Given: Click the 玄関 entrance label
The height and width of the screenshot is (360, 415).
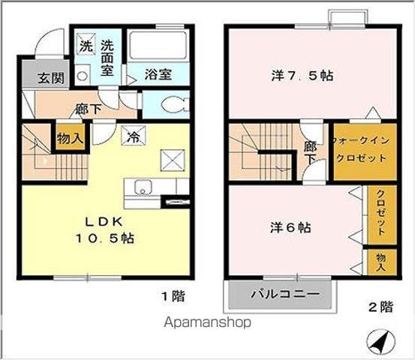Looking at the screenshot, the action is [x=51, y=78].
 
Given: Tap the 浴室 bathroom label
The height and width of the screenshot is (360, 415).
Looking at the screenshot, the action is [x=158, y=74].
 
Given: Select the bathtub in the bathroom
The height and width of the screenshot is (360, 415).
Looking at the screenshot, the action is [x=158, y=46].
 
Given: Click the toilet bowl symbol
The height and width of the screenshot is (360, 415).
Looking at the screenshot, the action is [x=175, y=104].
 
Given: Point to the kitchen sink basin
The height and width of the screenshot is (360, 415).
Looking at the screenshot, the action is [x=143, y=187].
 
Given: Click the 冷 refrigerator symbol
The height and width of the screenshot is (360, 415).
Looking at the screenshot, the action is [x=134, y=136].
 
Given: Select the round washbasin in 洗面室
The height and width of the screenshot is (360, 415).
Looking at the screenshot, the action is [x=83, y=76].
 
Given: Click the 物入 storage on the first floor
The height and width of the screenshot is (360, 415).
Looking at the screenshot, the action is [x=70, y=137].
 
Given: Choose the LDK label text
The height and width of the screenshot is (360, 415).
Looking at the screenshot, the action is [x=104, y=222].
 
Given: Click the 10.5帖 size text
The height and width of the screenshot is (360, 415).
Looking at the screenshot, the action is [x=105, y=238].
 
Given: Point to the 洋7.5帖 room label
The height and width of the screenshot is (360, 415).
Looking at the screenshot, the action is [x=302, y=76].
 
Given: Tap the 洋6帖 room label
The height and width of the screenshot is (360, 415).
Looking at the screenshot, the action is [x=290, y=228].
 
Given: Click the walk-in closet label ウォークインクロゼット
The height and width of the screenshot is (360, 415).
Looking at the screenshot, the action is [x=361, y=149].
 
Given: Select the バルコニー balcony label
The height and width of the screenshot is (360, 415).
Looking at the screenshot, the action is [x=286, y=294].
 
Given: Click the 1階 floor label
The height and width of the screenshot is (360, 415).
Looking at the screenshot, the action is [x=173, y=296].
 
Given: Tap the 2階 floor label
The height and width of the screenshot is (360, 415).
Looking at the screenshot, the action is [x=381, y=307].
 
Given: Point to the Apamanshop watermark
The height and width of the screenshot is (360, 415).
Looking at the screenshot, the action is [x=208, y=322].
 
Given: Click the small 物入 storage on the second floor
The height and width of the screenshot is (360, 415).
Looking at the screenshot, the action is [x=381, y=262].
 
